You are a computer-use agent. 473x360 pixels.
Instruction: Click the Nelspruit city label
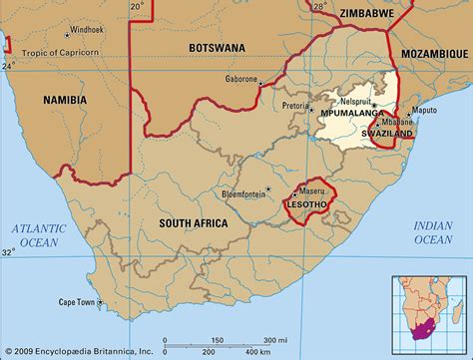[x=355, y=101]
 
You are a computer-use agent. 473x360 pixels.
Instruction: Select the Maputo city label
[x=426, y=110]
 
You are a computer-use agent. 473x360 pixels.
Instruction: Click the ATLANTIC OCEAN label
[x=36, y=236]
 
